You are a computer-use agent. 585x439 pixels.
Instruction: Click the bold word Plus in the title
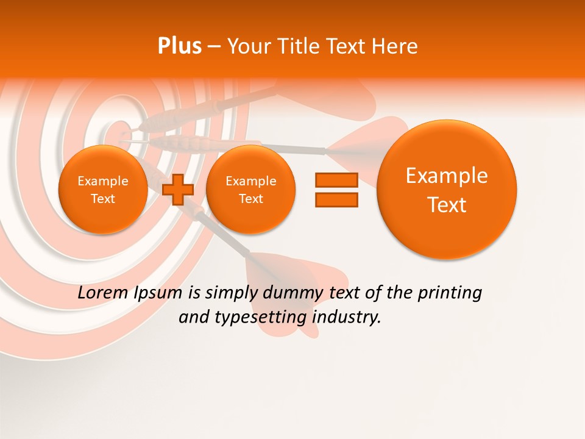tap(179, 46)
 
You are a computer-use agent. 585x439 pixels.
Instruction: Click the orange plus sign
tap(179, 189)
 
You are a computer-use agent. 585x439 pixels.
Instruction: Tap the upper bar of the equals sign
tap(336, 179)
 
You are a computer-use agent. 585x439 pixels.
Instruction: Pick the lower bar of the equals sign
tap(336, 201)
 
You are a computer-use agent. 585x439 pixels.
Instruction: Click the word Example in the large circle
tap(447, 176)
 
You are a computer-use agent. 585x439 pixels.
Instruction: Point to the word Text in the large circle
tap(447, 205)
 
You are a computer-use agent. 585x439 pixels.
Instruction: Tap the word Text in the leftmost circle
tap(103, 199)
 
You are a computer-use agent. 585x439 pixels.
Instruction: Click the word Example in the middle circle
tap(250, 181)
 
